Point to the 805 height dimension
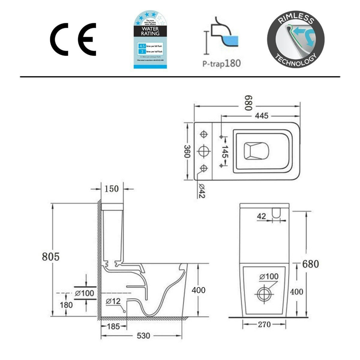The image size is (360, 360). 51,257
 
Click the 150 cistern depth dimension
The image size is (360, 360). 112,189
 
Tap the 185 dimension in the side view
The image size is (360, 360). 114,326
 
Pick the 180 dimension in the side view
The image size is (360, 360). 66,305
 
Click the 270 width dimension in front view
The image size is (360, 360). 264,324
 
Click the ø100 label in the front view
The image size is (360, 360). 269,277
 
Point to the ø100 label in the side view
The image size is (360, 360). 85,293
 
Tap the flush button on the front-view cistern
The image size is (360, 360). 276,212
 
